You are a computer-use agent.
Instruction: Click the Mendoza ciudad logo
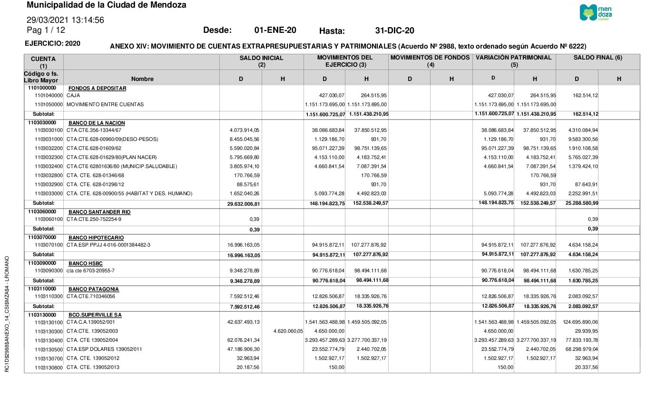pyautogui.click(x=596, y=12)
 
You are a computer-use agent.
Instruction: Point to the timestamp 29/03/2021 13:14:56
pyautogui.click(x=65, y=20)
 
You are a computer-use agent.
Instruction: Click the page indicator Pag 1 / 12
pyautogui.click(x=46, y=30)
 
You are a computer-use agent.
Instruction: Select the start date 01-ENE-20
pyautogui.click(x=275, y=30)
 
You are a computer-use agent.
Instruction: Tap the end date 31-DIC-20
pyautogui.click(x=394, y=31)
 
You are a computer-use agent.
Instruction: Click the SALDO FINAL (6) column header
pyautogui.click(x=598, y=58)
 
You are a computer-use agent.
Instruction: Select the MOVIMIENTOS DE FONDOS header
pyautogui.click(x=431, y=58)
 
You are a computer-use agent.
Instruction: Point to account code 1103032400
pyautogui.click(x=49, y=166)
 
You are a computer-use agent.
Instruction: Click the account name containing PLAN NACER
pyautogui.click(x=112, y=157)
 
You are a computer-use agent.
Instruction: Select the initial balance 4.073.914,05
pyautogui.click(x=243, y=130)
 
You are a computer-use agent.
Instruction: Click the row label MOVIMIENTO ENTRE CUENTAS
pyautogui.click(x=105, y=104)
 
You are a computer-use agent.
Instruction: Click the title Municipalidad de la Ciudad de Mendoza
pyautogui.click(x=107, y=5)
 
